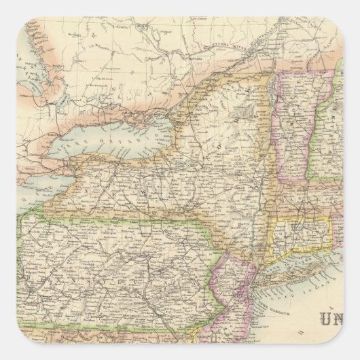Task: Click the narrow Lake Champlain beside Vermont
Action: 279,115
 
